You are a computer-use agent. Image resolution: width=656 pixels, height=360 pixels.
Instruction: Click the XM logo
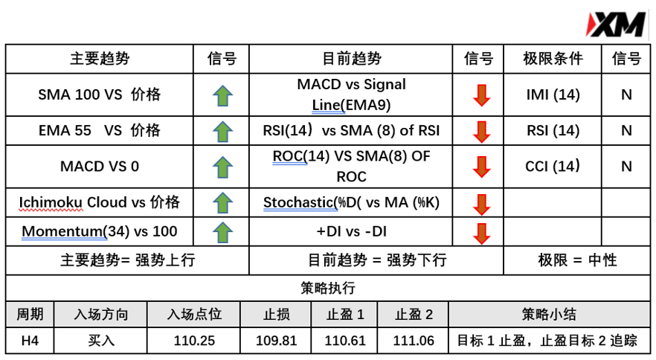click(x=616, y=25)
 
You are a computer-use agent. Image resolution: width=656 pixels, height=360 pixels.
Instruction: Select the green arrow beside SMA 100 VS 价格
click(x=222, y=95)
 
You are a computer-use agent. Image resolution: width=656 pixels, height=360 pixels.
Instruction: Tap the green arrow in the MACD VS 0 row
click(x=222, y=167)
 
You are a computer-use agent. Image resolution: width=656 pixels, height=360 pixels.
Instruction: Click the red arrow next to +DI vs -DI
click(x=481, y=233)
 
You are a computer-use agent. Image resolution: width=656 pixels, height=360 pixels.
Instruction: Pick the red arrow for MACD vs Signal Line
click(x=481, y=95)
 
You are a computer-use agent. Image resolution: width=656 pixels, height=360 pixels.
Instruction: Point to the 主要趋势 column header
click(x=100, y=59)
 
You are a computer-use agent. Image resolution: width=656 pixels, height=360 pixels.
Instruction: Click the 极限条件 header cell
click(x=553, y=59)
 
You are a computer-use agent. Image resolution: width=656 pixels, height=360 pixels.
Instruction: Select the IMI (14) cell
click(x=553, y=94)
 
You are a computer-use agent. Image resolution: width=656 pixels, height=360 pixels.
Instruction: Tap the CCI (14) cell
click(x=553, y=166)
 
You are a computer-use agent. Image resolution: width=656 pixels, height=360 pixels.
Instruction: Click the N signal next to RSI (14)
click(x=626, y=131)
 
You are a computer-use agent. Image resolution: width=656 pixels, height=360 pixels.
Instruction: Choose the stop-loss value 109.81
click(x=276, y=341)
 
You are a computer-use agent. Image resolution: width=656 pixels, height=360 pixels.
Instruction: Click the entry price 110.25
click(x=194, y=341)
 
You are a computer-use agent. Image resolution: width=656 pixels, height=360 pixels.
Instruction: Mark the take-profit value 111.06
click(x=414, y=341)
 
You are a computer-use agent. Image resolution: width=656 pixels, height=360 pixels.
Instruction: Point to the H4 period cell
click(x=30, y=341)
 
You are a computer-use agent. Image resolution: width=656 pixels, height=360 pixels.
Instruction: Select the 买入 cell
click(x=101, y=341)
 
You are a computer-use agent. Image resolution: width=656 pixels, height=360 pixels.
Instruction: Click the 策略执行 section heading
click(x=328, y=288)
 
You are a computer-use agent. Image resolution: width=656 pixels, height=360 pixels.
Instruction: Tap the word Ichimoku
click(x=51, y=202)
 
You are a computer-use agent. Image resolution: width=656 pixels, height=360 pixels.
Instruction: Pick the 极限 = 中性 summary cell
click(x=577, y=260)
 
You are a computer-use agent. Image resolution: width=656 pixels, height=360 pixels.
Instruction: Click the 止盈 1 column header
click(x=345, y=315)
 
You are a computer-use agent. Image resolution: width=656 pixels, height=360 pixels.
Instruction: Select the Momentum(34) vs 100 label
click(x=100, y=231)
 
